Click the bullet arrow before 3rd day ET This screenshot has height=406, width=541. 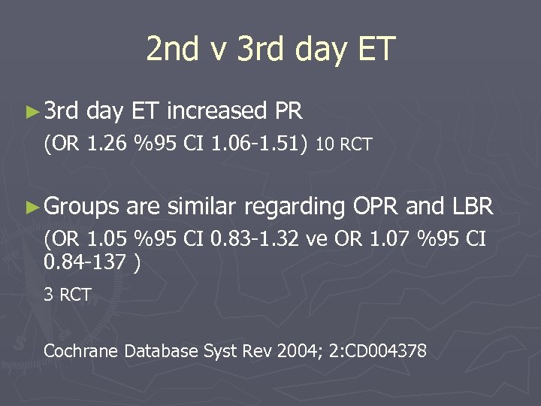point(31,113)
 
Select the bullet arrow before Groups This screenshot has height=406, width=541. point(31,205)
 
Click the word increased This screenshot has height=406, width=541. point(217,112)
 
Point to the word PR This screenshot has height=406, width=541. point(289,112)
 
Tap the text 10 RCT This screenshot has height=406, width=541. point(344,145)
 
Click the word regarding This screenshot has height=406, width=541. point(295,205)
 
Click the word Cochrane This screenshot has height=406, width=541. point(82,350)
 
